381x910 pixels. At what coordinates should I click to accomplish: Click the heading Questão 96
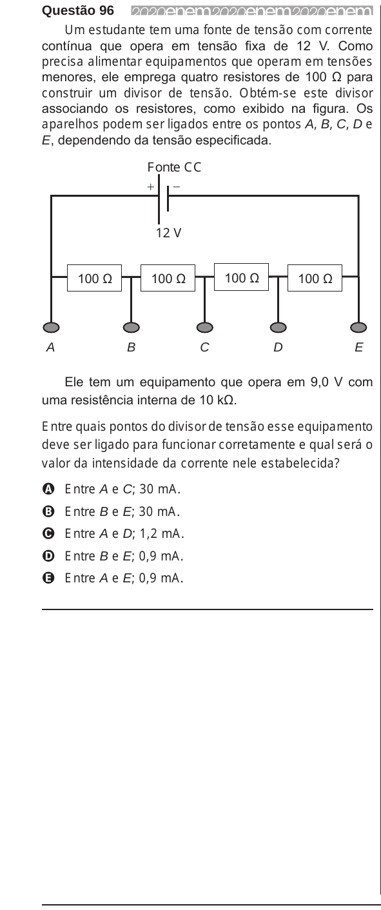(78, 10)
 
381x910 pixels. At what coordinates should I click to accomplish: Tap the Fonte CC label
(174, 168)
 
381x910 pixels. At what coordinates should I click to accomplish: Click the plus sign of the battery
(151, 187)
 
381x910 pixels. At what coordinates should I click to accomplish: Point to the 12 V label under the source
(168, 233)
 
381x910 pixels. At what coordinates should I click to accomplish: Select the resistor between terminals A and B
(95, 278)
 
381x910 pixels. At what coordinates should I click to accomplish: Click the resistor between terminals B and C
(168, 278)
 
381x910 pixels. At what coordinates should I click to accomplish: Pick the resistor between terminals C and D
(241, 277)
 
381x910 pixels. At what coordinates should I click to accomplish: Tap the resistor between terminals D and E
(315, 278)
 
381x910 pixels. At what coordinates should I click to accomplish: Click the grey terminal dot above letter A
(51, 327)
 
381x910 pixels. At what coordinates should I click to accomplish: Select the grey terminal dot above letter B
(132, 327)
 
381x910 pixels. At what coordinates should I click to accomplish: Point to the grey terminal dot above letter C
(205, 327)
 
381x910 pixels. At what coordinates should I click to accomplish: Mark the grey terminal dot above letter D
(278, 327)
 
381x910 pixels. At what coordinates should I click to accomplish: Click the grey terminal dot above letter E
(358, 327)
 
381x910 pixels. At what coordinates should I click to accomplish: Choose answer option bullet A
(48, 489)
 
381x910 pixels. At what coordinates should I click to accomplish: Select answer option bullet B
(48, 511)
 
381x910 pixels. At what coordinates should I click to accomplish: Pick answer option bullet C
(48, 533)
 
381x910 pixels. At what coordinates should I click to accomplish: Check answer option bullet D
(48, 556)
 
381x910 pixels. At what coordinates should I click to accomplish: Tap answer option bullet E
(48, 578)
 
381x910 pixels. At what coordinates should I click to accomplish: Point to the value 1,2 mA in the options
(161, 533)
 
